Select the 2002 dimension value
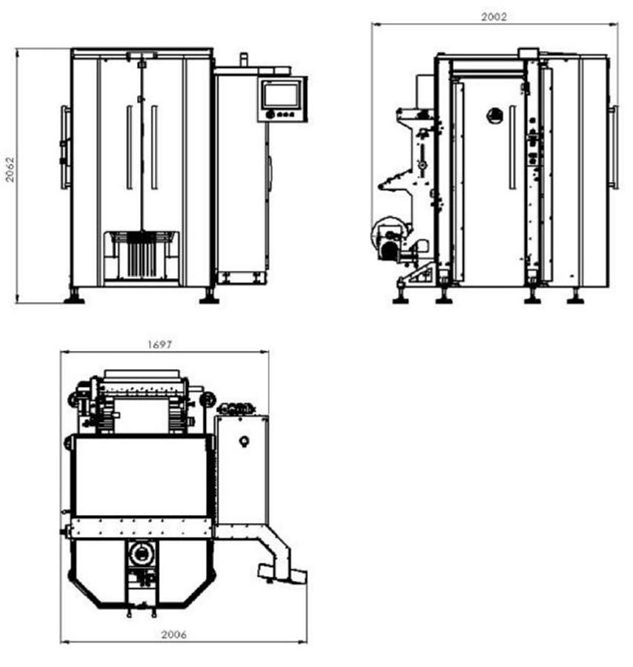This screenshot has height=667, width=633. tap(494, 16)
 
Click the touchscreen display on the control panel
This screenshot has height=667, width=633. tap(282, 95)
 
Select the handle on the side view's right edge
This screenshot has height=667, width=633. tap(613, 146)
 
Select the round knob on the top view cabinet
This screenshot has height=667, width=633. tap(242, 441)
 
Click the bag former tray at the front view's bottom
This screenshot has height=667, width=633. tap(141, 256)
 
